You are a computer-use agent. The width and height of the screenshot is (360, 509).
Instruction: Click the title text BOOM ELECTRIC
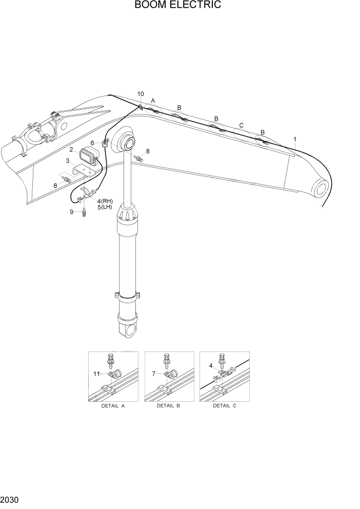178,6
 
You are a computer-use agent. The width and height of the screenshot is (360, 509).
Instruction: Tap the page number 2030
10,499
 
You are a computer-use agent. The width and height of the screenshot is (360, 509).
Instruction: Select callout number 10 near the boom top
141,94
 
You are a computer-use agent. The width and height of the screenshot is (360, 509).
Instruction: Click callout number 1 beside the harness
294,139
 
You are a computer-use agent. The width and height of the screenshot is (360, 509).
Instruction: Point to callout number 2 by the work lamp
72,150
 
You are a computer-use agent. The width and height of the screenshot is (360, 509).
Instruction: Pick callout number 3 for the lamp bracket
67,161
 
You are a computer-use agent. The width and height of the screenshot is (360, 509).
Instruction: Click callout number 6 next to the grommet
93,143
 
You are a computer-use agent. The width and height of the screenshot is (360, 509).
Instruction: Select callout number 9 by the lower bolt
72,211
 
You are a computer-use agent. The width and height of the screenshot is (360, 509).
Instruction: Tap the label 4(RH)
105,201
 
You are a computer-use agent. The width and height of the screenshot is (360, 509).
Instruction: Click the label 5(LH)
105,207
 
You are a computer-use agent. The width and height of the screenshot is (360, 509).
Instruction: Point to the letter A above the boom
153,101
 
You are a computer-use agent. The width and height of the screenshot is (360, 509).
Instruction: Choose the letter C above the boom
242,125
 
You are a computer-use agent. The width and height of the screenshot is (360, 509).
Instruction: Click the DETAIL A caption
112,406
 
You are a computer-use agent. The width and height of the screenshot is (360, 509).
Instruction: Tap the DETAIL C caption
224,406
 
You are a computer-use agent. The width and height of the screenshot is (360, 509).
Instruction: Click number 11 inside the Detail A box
96,374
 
